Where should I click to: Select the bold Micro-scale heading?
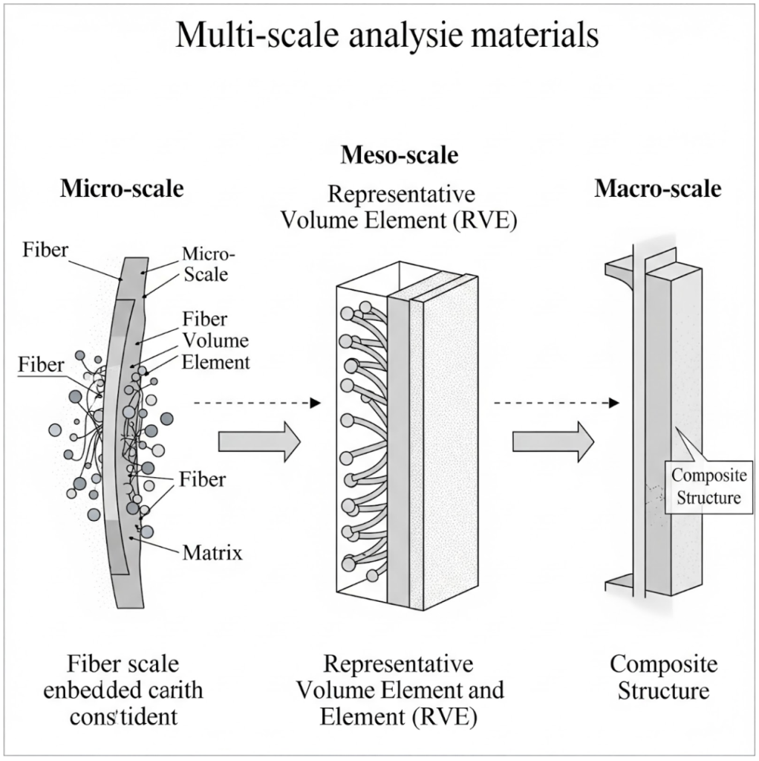pos(121,189)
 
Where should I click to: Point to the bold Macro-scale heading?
pos(657,189)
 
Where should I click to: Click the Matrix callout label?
pos(212,552)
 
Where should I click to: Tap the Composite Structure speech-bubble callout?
pos(706,486)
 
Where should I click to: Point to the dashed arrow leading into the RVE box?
pos(256,403)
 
